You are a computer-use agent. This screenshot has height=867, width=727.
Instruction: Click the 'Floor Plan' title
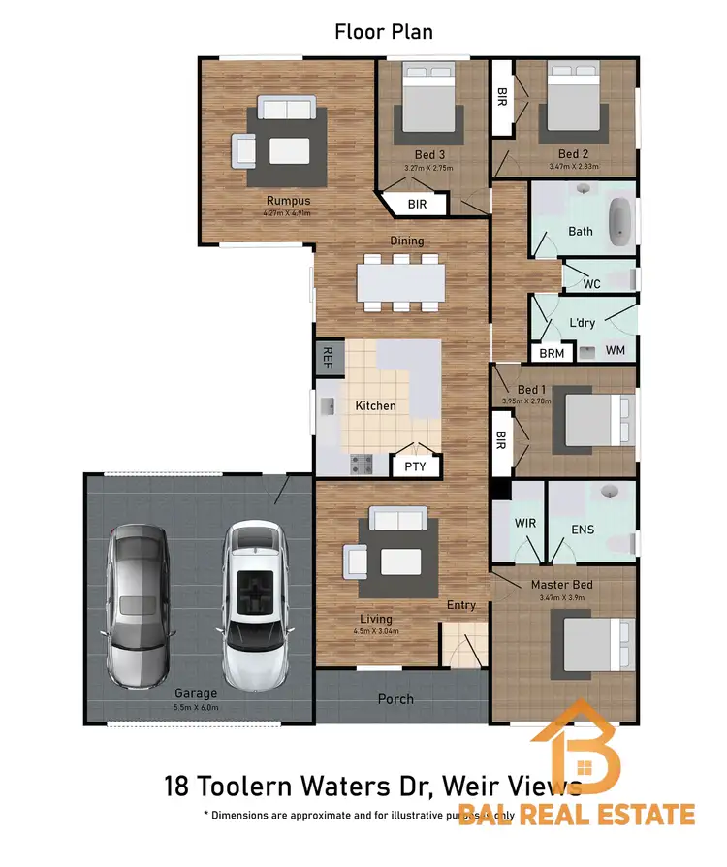coord(384,32)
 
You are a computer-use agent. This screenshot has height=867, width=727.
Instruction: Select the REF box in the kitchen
coord(328,356)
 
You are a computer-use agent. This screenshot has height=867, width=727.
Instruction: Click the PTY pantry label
coord(415,466)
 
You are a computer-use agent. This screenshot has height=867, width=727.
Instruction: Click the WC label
coord(593,284)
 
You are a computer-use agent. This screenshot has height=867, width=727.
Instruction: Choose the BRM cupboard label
coord(552,354)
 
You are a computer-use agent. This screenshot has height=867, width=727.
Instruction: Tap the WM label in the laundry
coord(615,349)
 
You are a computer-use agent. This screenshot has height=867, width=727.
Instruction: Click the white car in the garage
coord(255,603)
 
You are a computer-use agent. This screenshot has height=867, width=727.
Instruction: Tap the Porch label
coord(395,698)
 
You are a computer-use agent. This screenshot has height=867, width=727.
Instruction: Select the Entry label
coord(461,605)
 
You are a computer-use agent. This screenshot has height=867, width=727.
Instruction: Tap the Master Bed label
coord(561,585)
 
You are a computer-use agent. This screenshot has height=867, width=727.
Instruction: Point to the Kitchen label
coord(375,405)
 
